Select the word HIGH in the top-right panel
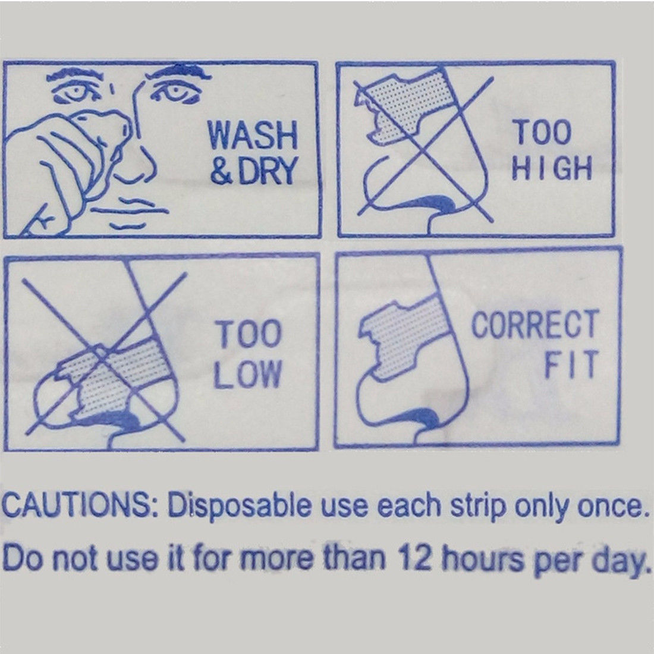coord(552,168)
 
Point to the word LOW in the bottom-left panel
coord(247,374)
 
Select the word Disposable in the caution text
coord(240,505)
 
